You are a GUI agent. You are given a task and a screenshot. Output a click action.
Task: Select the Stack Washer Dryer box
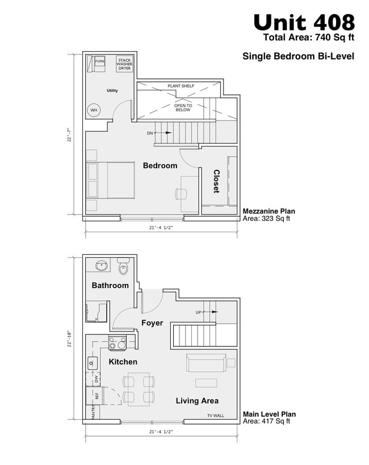tap(124, 63)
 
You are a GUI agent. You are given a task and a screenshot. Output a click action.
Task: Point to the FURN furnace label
tap(100, 61)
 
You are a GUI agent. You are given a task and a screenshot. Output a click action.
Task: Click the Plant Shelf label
tap(181, 86)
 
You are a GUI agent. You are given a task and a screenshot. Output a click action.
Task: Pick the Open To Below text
tap(183, 107)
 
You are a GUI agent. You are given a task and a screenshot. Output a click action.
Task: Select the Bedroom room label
tap(160, 166)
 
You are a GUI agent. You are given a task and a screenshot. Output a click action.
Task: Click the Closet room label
tap(216, 181)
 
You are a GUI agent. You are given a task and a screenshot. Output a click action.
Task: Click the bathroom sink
tap(102, 266)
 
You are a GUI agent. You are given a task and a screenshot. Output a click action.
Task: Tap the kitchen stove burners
tap(118, 343)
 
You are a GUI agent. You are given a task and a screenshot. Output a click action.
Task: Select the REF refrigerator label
tap(97, 396)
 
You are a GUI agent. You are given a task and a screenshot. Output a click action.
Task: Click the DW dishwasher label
tap(97, 379)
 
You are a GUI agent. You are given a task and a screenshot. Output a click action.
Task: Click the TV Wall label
tap(215, 416)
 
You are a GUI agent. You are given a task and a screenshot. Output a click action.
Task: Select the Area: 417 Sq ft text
tap(266, 421)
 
